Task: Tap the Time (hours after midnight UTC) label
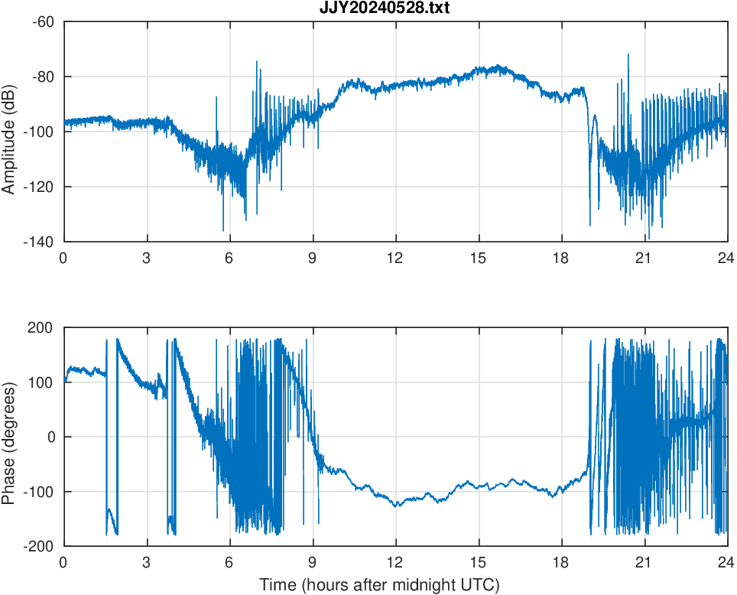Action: tap(379, 586)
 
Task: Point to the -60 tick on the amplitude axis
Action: tap(43, 21)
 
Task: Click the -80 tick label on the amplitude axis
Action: tap(43, 76)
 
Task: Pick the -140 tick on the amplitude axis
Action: tap(40, 242)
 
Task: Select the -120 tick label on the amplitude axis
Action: tap(40, 187)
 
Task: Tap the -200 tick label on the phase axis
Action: tap(40, 546)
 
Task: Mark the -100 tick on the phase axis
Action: tap(40, 492)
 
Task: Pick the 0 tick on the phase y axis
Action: tap(50, 437)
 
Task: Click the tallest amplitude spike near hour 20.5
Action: tap(628, 55)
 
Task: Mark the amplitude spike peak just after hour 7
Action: tap(257, 61)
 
